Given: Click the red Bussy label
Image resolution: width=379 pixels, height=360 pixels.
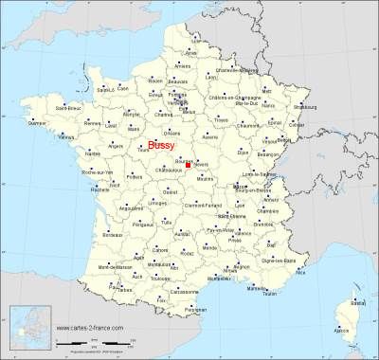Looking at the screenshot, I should coord(162,145).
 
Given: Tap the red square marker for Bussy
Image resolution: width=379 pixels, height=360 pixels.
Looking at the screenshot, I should coord(189,165).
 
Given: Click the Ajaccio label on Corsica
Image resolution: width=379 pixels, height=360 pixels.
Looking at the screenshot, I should coord(343,331).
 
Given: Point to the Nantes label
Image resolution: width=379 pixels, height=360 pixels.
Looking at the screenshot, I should coord(92,153).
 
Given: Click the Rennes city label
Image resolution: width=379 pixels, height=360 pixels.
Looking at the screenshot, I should coord(92,122).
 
